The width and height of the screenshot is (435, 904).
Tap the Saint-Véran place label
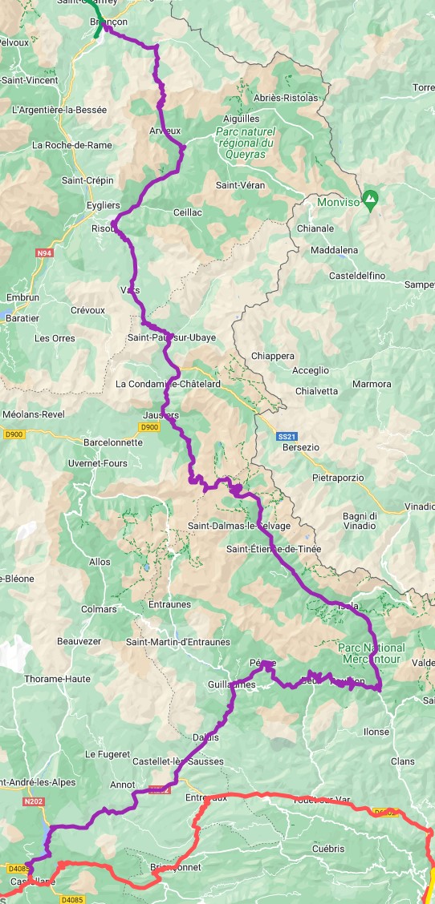coord(240,185)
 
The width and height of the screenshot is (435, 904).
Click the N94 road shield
coord(46,253)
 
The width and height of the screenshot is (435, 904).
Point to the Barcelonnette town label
coord(113,442)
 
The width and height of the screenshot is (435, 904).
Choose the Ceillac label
coord(187,212)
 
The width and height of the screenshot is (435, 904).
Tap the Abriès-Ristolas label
coord(285,98)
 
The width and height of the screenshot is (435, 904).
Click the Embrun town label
coord(22,297)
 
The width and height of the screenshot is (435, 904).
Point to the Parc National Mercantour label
coord(372,653)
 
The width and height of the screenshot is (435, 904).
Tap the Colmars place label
coord(99,609)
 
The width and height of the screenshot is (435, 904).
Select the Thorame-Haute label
coord(56,679)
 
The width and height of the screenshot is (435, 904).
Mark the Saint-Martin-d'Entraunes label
coord(178,642)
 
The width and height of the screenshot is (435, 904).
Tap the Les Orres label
coord(55,338)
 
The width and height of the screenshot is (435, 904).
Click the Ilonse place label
coord(376,732)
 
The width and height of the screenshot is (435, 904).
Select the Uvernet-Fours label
coord(98,463)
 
